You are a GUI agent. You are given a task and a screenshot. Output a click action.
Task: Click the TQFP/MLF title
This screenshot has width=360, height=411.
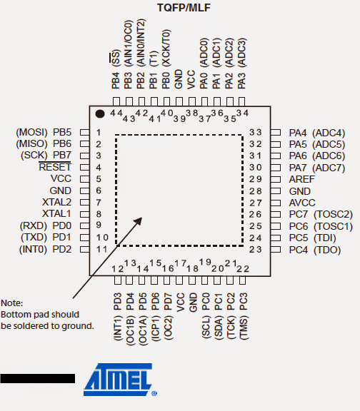tap(184, 8)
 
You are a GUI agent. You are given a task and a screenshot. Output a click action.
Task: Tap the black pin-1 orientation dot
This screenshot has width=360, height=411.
tap(100, 113)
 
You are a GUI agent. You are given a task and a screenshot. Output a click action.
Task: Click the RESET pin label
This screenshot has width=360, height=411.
tap(55, 167)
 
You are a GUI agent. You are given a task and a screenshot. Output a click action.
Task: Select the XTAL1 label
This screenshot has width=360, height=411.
tap(56, 213)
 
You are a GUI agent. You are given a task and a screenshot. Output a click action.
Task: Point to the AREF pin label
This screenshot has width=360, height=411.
tap(301, 179)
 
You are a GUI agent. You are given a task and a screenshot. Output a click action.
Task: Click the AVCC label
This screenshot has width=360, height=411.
tap(302, 203)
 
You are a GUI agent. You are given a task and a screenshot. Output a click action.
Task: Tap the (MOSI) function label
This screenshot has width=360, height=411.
tap(31, 133)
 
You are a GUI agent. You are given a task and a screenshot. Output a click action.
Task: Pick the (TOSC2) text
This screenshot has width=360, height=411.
tap(334, 214)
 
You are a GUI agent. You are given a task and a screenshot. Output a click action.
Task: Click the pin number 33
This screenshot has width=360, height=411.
tap(255, 133)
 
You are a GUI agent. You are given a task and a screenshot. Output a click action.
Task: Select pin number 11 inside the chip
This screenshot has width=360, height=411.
tap(102, 249)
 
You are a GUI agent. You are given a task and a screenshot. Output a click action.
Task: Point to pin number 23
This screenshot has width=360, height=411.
tap(255, 249)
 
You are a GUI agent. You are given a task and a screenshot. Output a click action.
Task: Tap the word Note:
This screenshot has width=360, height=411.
tap(12, 303)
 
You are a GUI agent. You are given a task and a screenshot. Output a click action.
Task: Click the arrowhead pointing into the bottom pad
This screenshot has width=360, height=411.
tap(138, 221)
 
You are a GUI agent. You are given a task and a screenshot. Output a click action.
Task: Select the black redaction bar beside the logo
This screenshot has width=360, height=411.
tap(38, 378)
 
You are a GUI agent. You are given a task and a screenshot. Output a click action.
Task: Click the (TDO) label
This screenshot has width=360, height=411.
tap(327, 250)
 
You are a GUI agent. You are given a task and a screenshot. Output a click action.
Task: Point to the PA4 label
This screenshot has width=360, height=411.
tap(298, 133)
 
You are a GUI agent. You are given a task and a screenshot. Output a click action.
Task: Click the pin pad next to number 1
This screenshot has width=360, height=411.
tap(84, 132)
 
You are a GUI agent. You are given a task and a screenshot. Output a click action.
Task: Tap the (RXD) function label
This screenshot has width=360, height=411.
tap(34, 225)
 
